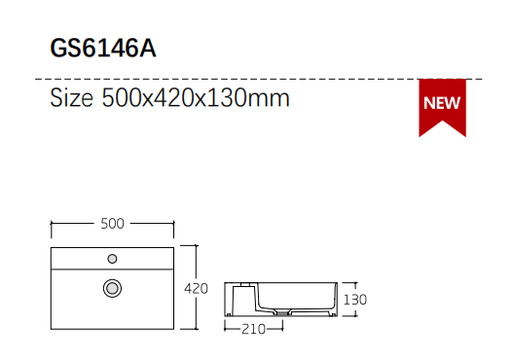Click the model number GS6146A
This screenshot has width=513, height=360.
point(103,49)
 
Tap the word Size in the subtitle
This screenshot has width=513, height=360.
point(71,97)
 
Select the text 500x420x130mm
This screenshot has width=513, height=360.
point(196,97)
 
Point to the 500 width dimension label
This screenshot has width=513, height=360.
point(112,224)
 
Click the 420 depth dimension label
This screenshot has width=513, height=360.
point(196,288)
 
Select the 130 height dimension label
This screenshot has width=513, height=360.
point(355,300)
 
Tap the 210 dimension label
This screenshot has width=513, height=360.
point(253,329)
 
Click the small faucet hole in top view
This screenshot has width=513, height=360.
point(112,259)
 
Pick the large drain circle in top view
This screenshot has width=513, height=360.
point(112,288)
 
